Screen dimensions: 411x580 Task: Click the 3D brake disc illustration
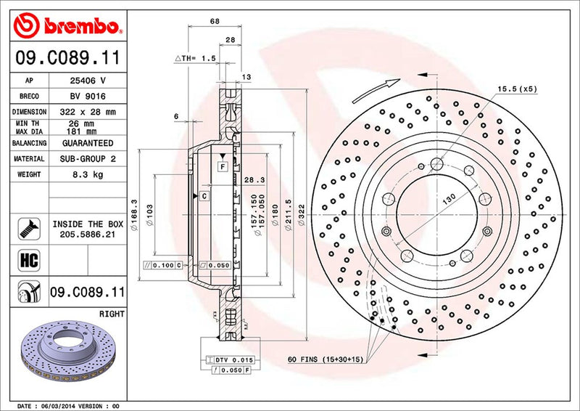coord(65,356)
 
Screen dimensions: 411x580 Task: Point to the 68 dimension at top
coord(215,21)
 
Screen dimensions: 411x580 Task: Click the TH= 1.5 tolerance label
coord(196,58)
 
